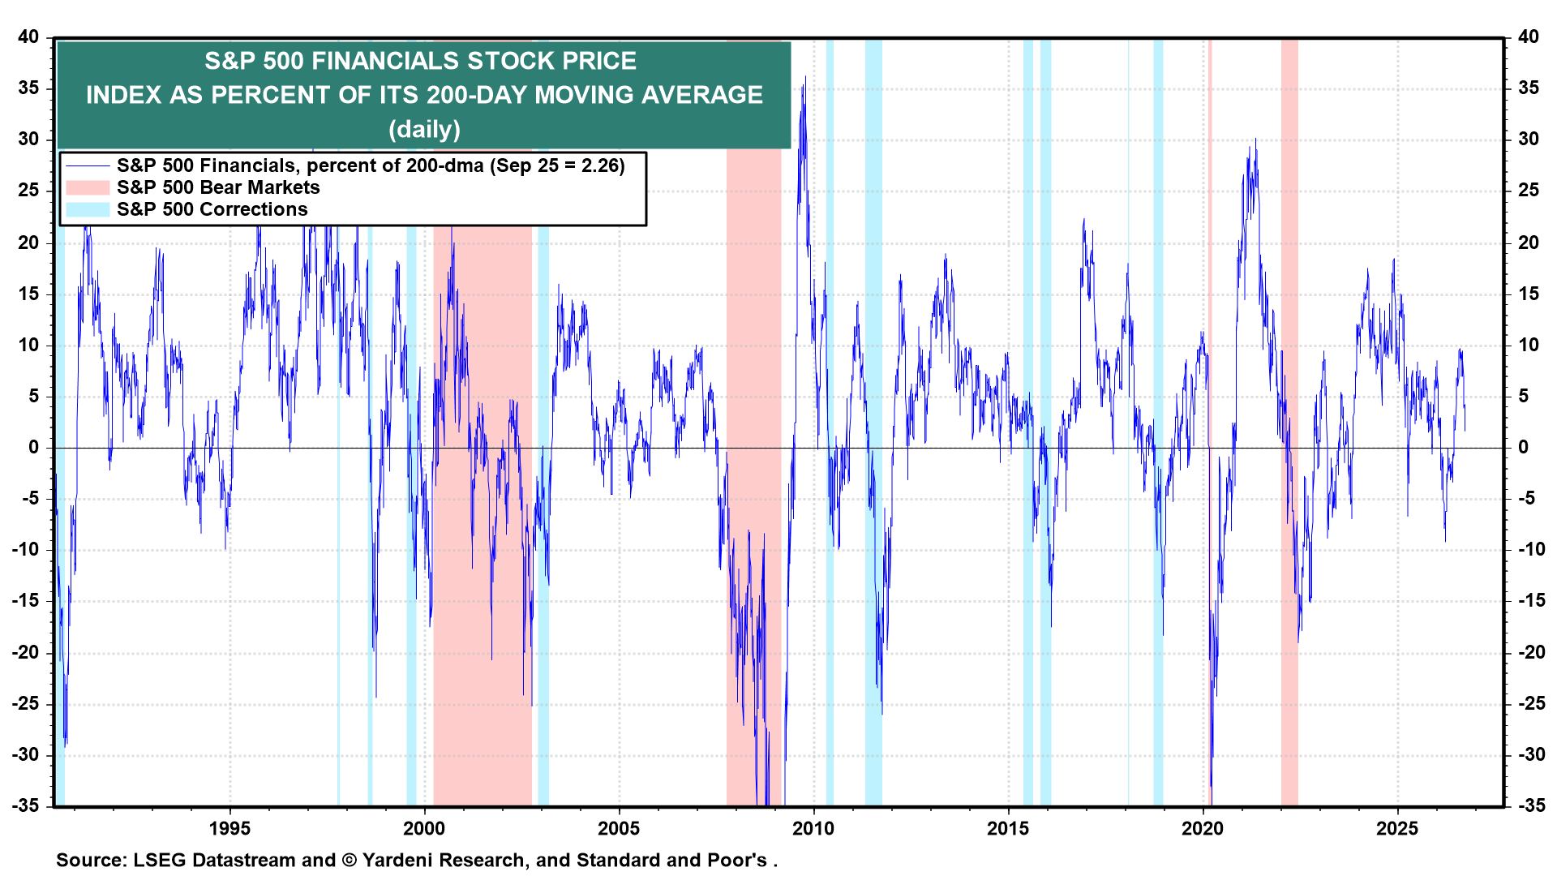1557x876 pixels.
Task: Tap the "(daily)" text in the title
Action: pos(424,129)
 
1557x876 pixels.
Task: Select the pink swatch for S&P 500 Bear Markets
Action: pos(87,187)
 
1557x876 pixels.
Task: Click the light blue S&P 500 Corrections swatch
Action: pos(87,209)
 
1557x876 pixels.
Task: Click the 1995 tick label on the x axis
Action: pos(229,828)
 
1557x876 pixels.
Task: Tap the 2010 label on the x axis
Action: pos(813,828)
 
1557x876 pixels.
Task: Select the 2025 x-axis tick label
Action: pos(1397,828)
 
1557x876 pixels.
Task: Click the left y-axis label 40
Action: pos(28,36)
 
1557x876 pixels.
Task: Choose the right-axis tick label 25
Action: pos(1529,191)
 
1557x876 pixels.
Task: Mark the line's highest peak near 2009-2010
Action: pos(804,77)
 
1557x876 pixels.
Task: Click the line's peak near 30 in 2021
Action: pos(1255,139)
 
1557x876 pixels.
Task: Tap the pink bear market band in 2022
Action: pos(1289,422)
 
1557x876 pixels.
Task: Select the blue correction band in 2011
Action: pos(873,422)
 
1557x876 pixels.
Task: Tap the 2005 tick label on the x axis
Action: pos(619,828)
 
